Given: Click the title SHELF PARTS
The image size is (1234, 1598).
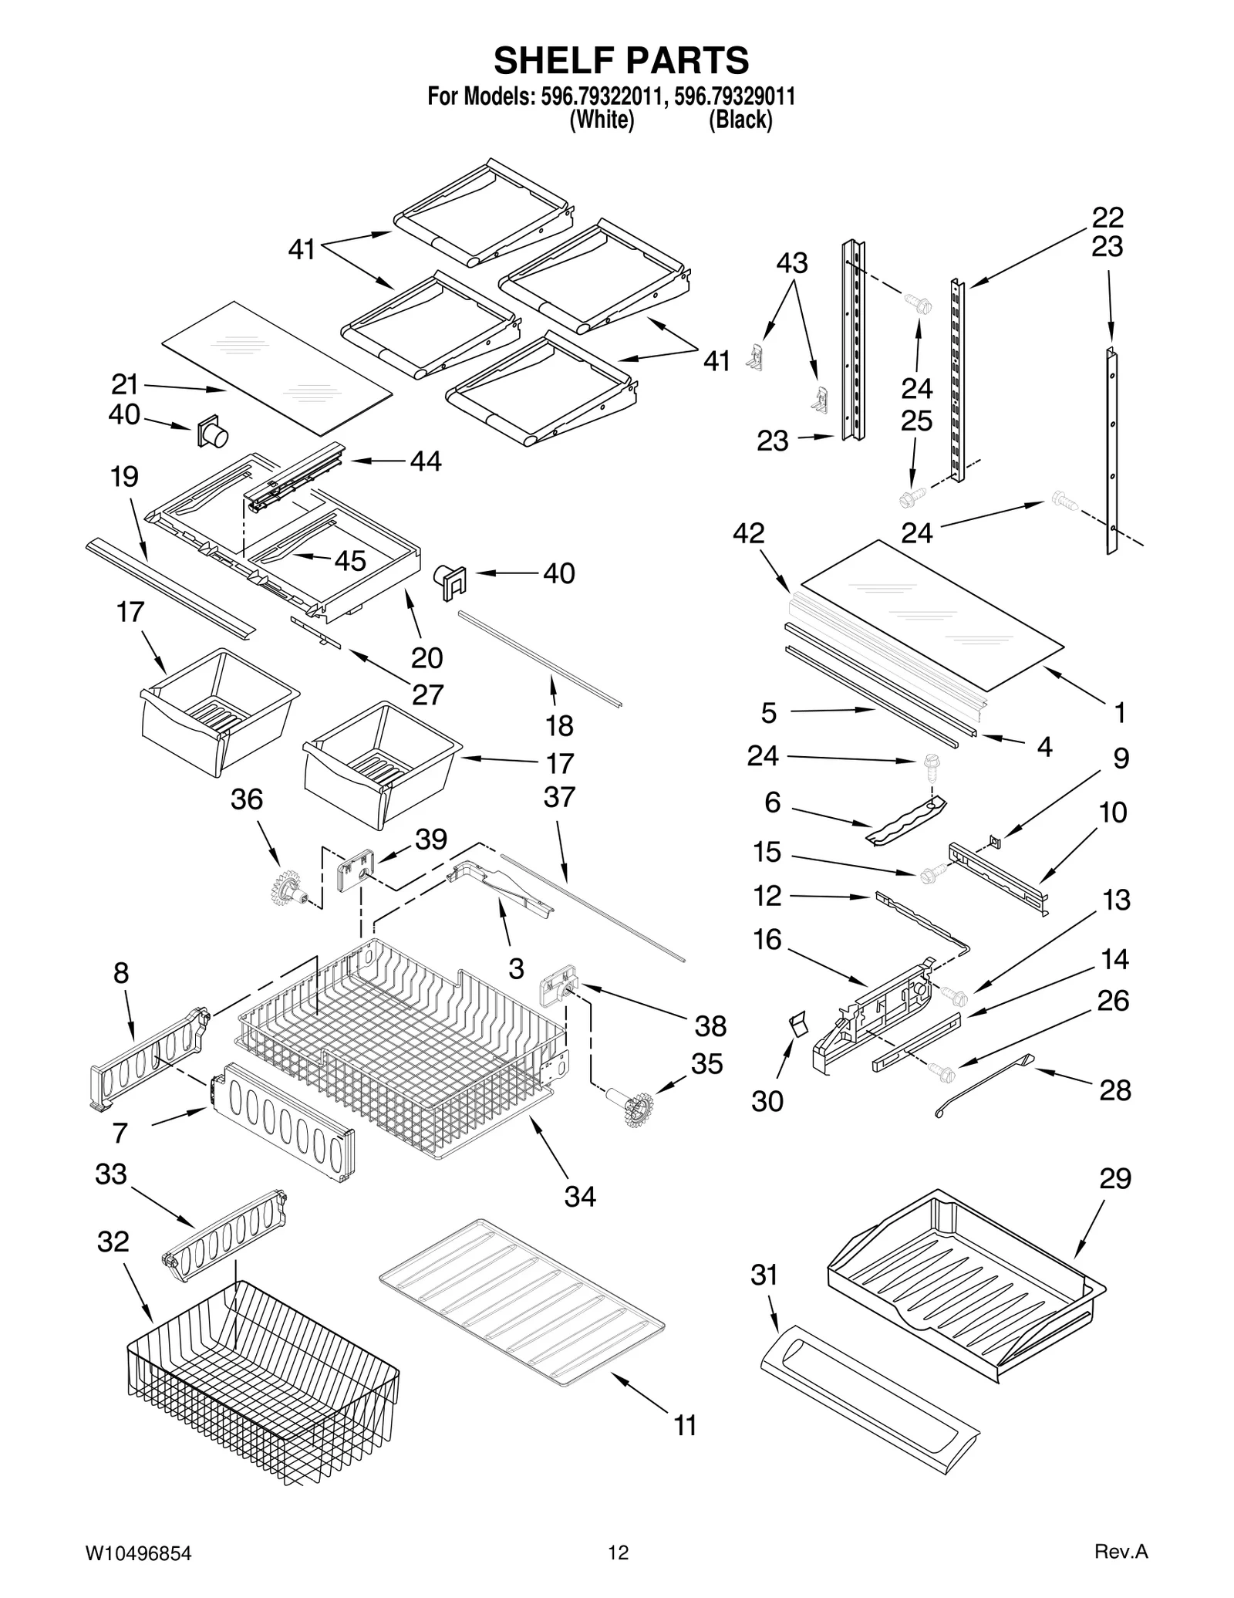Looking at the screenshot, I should coord(621,59).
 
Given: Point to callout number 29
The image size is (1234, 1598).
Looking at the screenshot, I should coord(1114,1178).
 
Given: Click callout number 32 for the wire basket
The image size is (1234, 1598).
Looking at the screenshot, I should coord(113,1242).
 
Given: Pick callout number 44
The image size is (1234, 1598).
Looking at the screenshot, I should coord(426,461).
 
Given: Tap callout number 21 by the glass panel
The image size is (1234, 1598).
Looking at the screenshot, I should coord(124,383).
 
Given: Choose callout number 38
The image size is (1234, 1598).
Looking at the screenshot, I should coord(710,1025).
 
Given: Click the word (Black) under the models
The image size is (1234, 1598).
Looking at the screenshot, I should coord(740,120).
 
